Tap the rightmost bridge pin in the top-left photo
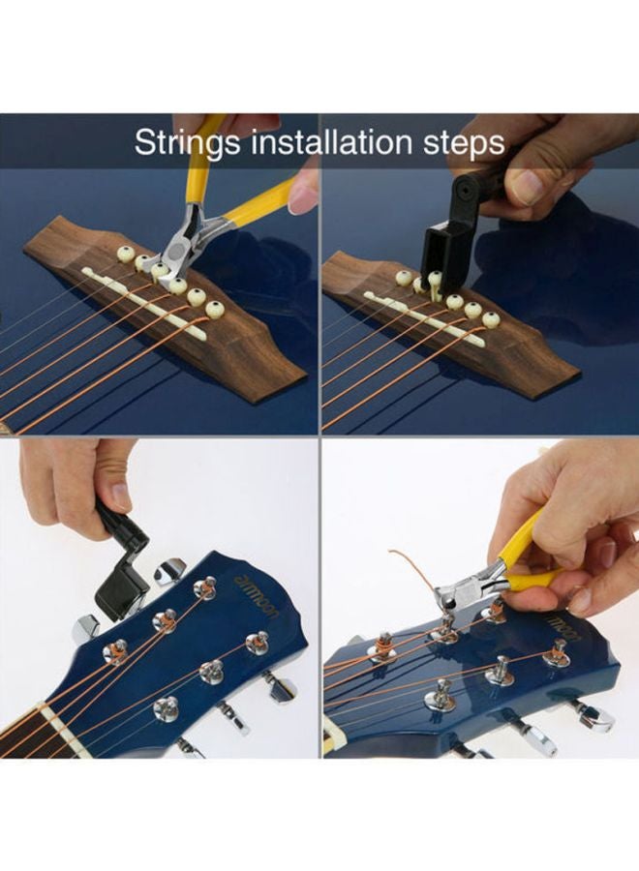pos(214,309)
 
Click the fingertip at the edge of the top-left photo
pos(304,193)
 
